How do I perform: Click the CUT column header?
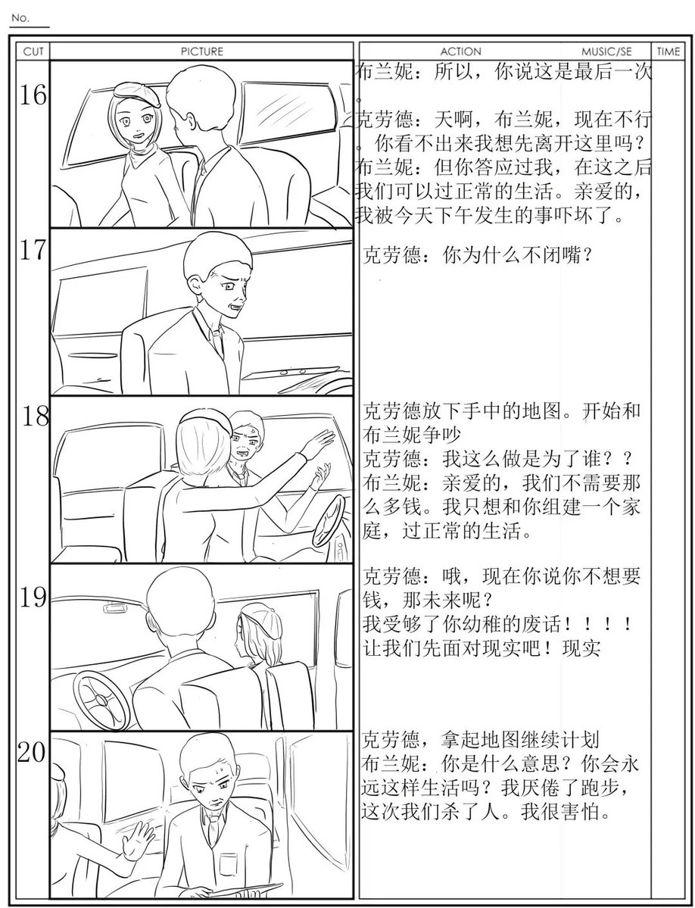point(33,51)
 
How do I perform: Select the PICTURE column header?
point(202,51)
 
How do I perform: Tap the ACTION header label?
point(460,51)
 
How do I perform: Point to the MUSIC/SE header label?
point(606,51)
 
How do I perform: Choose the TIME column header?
point(669,51)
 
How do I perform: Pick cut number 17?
point(33,250)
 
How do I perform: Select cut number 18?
point(36,417)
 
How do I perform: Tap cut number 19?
point(33,597)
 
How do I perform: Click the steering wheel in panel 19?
point(101,700)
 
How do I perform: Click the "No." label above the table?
point(20,18)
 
